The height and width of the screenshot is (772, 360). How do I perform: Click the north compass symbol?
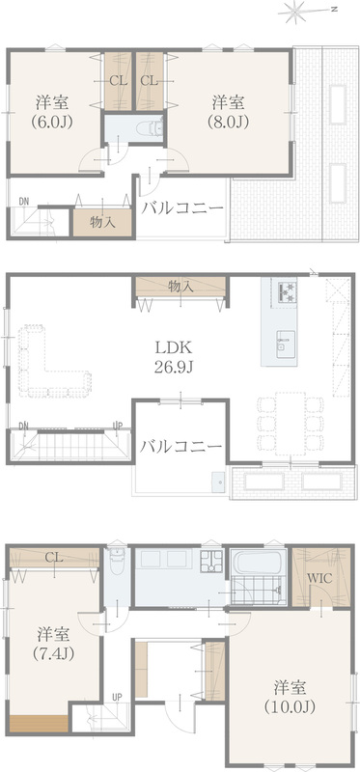tap(297, 12)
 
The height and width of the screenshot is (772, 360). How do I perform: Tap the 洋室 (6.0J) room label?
tap(53, 112)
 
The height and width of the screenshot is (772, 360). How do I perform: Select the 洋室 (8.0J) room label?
tap(229, 112)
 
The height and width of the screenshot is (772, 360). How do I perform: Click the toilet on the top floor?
tap(152, 127)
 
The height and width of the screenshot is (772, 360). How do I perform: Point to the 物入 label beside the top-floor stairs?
tap(102, 222)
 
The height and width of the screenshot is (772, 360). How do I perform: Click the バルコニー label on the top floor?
tap(182, 208)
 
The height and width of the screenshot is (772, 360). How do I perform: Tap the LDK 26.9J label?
tap(174, 357)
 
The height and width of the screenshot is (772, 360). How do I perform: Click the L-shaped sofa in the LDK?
tap(49, 362)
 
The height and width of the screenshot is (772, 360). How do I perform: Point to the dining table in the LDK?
tap(291, 423)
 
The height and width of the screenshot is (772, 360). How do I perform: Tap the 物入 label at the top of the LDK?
tap(180, 286)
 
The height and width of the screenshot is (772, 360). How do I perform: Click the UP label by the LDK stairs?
tap(118, 425)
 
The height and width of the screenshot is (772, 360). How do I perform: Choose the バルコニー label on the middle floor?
tap(180, 447)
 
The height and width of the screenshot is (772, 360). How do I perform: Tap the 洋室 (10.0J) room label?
tap(290, 698)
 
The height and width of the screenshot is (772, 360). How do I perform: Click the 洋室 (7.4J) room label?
tap(53, 643)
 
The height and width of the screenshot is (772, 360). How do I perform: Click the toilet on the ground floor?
tap(117, 562)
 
